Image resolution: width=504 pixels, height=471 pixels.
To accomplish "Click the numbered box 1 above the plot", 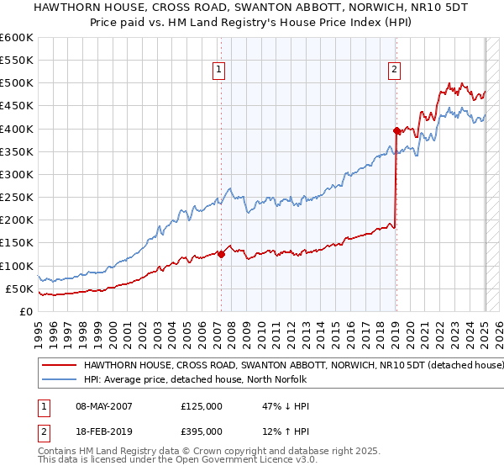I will (218, 70).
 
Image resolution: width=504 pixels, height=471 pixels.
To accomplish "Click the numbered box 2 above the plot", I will (394, 70).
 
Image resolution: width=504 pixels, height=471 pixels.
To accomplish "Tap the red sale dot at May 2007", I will (221, 254).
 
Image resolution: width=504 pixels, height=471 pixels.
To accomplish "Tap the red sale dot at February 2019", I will (396, 130).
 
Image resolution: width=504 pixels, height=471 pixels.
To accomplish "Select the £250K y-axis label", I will (17, 198).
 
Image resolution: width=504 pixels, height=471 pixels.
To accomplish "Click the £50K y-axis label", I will (20, 288).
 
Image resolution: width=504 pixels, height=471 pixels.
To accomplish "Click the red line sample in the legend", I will (60, 366).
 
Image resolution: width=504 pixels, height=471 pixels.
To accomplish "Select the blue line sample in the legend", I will (60, 379).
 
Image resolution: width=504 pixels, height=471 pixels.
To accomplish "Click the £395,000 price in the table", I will (201, 431).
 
